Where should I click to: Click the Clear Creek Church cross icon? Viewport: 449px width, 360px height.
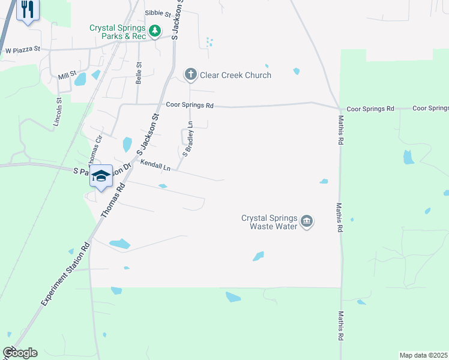[190, 75]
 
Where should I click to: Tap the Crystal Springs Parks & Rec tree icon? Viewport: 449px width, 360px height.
[155, 30]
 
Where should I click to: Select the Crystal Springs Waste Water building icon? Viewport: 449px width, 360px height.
[307, 221]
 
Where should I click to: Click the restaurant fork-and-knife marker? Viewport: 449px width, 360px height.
[27, 10]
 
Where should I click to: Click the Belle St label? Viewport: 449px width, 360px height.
[139, 74]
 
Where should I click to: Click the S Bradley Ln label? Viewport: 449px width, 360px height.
[188, 139]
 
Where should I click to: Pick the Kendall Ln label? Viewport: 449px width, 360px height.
[155, 166]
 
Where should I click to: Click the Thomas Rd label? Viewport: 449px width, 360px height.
[116, 196]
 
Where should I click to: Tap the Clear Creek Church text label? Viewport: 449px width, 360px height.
[235, 75]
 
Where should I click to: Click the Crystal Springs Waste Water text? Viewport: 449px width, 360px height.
[270, 222]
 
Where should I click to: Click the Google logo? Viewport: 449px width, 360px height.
[20, 353]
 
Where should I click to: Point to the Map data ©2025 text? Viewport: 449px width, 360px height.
[424, 355]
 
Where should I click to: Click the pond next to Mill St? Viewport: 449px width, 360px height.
[80, 78]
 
